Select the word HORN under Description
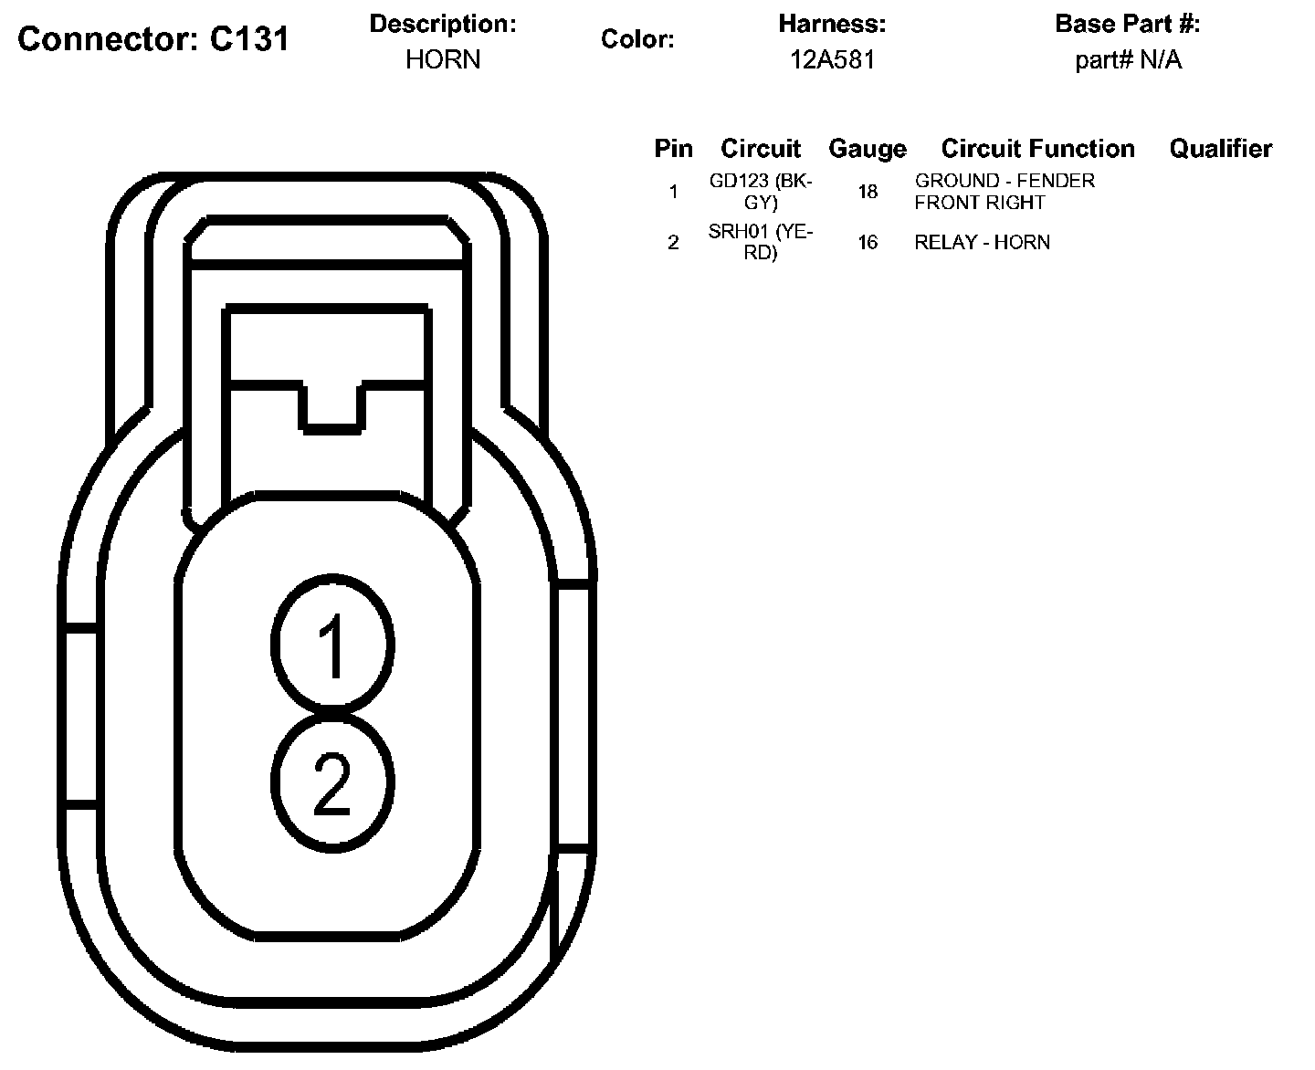[x=443, y=60]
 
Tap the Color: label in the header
[x=637, y=39]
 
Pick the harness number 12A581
[x=832, y=60]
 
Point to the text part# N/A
[x=1128, y=60]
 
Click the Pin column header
[x=673, y=149]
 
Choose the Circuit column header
[x=760, y=149]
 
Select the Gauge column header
[x=868, y=150]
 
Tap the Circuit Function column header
[x=1037, y=149]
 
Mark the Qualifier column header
[x=1221, y=149]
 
